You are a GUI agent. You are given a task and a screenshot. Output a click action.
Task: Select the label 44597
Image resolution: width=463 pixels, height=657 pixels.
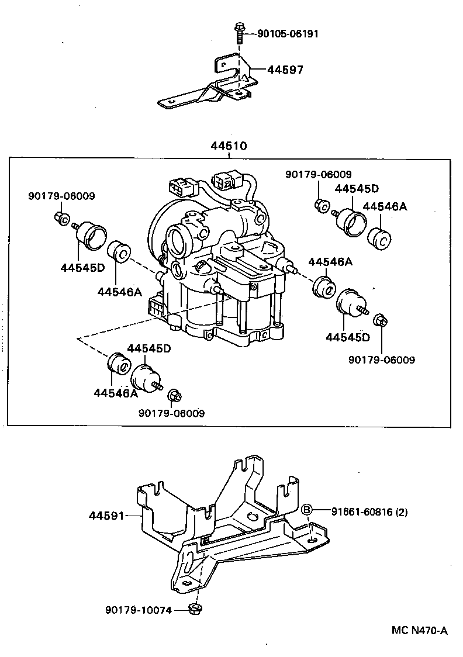point(285,70)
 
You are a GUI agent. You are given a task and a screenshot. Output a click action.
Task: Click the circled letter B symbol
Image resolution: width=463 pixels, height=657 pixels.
point(306,511)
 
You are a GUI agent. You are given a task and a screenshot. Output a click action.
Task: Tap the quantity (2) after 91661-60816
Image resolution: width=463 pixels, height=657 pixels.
point(402,512)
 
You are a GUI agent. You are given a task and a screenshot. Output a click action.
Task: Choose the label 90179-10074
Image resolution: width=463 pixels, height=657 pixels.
point(139,610)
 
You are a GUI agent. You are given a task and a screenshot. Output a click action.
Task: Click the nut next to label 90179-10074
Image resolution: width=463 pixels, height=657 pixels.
point(195,610)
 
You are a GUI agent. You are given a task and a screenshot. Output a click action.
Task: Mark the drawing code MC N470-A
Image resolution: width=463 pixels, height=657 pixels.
point(419,630)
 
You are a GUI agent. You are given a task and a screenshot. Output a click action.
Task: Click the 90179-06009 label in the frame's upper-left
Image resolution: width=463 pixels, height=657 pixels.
point(61,196)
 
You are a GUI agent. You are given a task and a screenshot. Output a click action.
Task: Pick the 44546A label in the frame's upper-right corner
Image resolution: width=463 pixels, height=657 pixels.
point(385,206)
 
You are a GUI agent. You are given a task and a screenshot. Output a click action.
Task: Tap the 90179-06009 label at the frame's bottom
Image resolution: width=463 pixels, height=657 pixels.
point(172,413)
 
